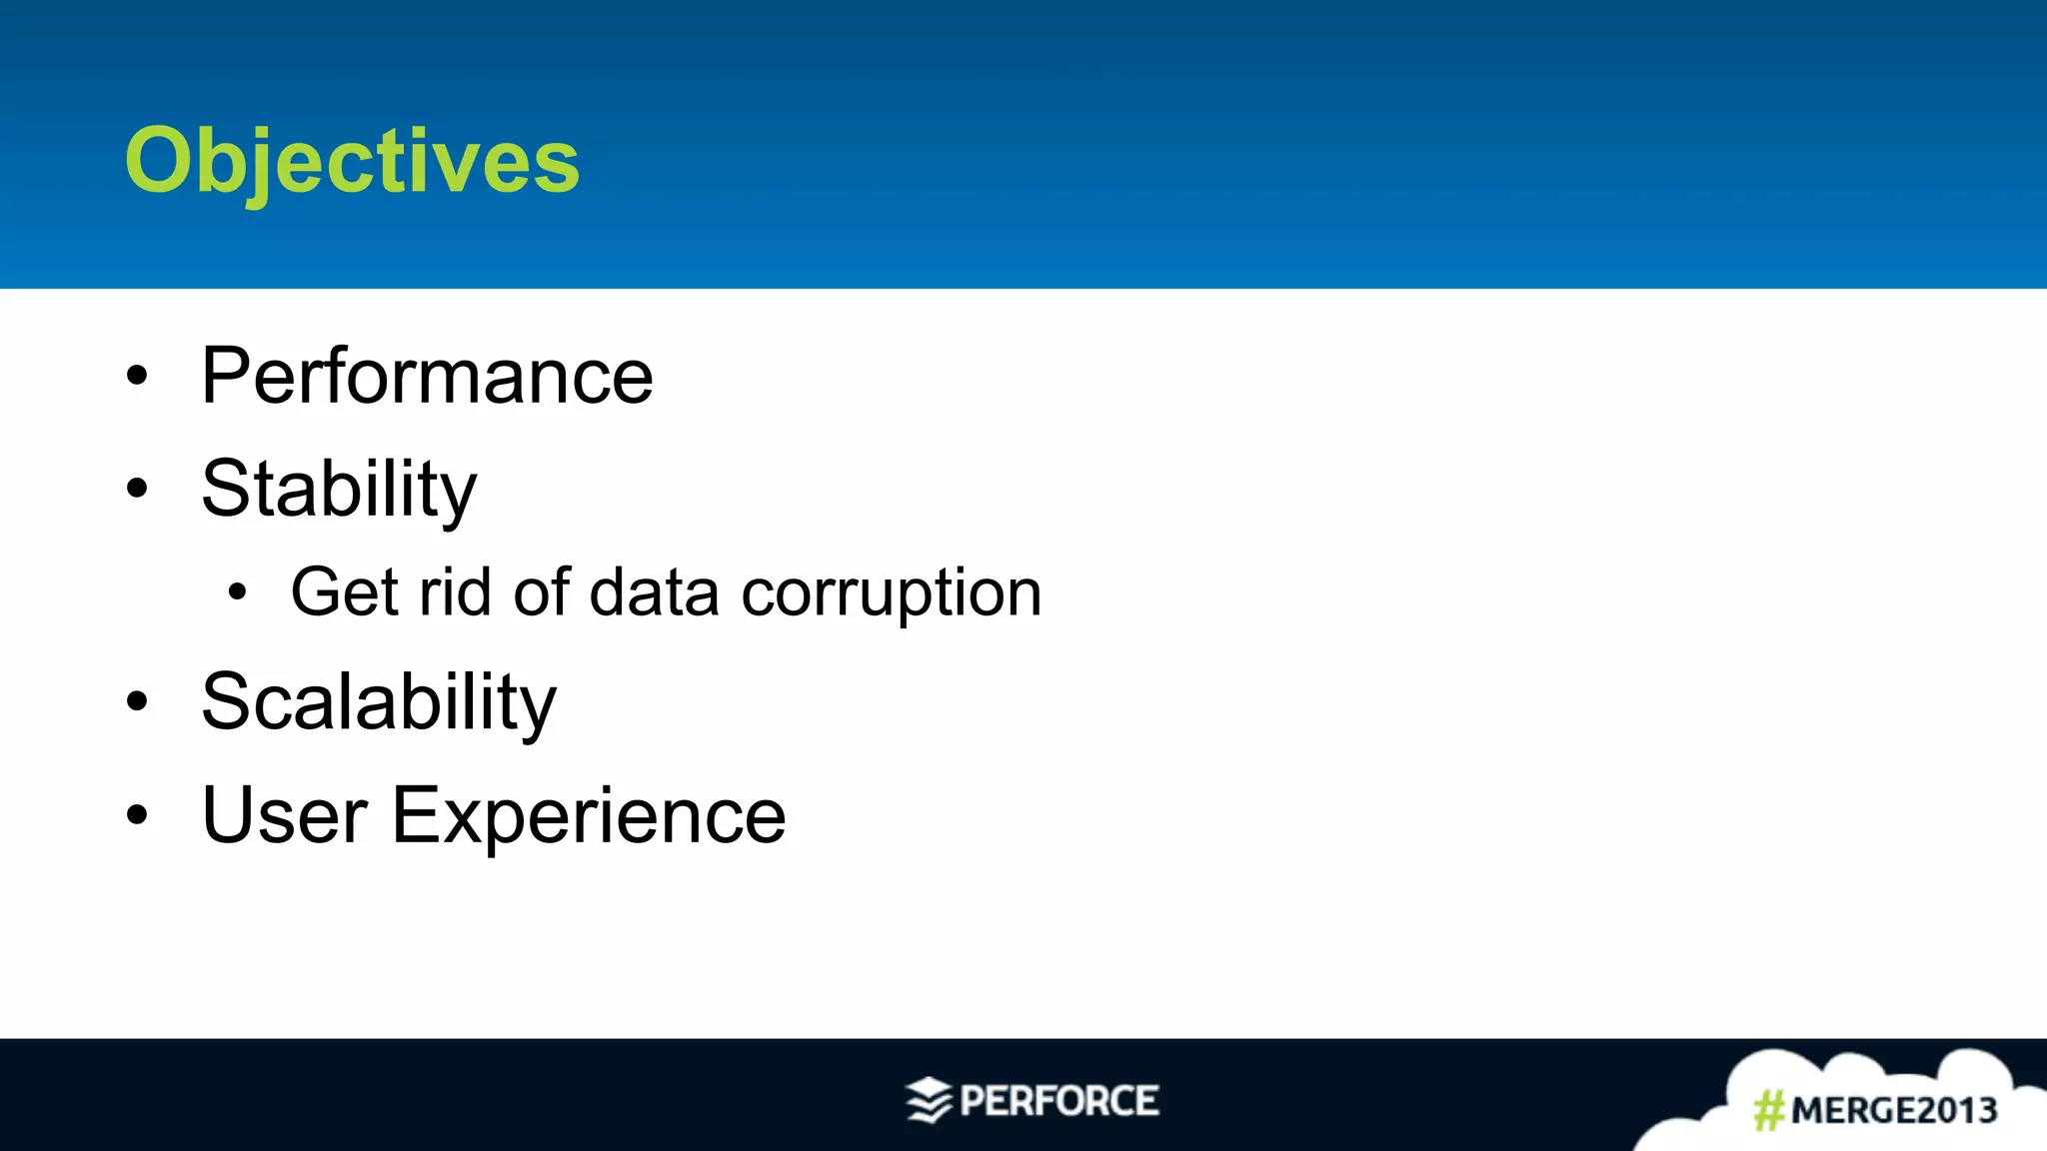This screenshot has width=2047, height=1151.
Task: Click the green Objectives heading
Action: coord(352,162)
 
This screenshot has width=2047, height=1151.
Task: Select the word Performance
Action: coord(427,376)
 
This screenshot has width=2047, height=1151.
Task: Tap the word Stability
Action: coord(339,489)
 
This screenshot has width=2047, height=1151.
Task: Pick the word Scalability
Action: coord(378,701)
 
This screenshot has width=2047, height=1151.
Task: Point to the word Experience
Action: coord(589,815)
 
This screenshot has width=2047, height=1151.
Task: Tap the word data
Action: coord(654,592)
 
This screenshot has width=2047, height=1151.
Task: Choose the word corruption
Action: coord(892,592)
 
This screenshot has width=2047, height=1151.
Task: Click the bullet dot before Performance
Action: coord(137,377)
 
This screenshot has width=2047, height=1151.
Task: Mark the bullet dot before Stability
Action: coord(137,490)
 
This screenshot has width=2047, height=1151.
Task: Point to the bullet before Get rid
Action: coord(236,593)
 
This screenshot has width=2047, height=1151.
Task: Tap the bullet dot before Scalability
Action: coord(137,702)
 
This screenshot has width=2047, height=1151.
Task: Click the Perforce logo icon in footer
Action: coord(929,1100)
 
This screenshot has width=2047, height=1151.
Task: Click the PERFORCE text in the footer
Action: coord(1058,1101)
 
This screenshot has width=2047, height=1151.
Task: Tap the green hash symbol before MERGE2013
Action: coord(1769,1110)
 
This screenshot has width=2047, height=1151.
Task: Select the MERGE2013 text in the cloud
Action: coord(1893,1110)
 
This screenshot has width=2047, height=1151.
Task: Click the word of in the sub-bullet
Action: coord(541,592)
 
